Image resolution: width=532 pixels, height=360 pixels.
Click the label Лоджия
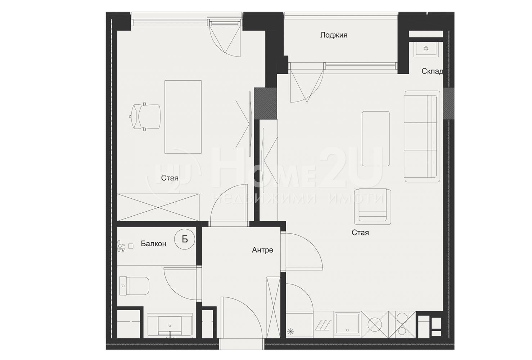point(334,35)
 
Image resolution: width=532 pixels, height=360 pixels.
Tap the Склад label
point(432,71)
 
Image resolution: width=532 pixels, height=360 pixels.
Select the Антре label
point(262,250)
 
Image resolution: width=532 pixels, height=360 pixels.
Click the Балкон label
point(153,244)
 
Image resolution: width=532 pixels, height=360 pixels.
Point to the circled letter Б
point(185,239)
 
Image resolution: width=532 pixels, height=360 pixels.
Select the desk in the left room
point(183,117)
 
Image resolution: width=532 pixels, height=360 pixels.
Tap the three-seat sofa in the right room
point(422,136)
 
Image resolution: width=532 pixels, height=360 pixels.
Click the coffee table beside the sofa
point(376,139)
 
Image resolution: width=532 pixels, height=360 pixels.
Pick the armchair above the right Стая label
point(372,206)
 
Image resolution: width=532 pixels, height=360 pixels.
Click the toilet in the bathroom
point(134,285)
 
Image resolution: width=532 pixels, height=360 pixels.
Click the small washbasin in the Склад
point(426,49)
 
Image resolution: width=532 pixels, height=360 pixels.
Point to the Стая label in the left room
point(170,178)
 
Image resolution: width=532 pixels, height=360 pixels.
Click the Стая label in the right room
point(360,233)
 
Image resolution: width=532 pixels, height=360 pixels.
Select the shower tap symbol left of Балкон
point(121,246)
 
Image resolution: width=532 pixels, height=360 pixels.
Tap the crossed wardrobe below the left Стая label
point(158,207)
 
